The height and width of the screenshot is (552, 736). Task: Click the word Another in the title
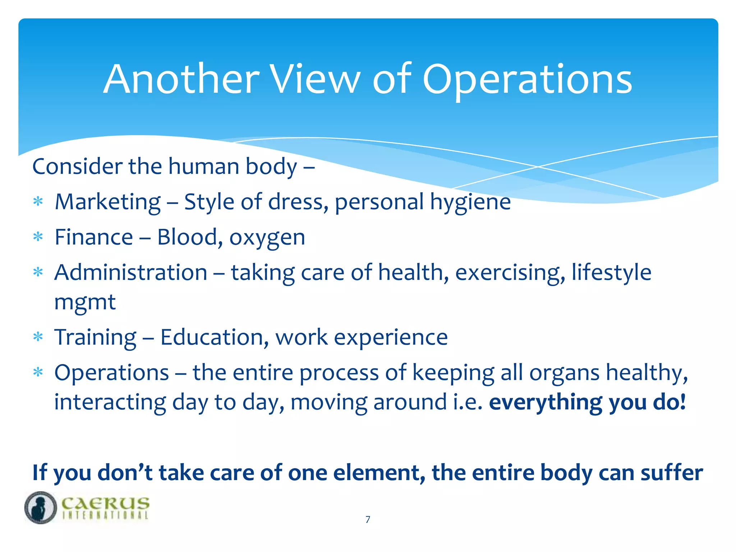pos(181,79)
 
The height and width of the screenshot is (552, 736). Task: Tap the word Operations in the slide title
pos(527,80)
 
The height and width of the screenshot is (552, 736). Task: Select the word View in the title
pos(315,79)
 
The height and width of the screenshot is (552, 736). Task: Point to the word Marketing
pos(108,202)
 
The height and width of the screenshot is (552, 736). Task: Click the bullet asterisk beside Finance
pos(38,237)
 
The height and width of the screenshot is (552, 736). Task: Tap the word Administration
pos(131,272)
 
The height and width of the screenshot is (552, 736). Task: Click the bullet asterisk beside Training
pos(38,337)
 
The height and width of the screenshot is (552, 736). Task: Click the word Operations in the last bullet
pos(112,373)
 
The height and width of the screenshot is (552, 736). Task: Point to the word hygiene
pos(470,202)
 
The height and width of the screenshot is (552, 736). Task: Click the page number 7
pos(368,519)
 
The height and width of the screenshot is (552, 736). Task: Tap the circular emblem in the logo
pos(41,507)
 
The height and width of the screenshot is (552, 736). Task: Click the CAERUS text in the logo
pos(105,503)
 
